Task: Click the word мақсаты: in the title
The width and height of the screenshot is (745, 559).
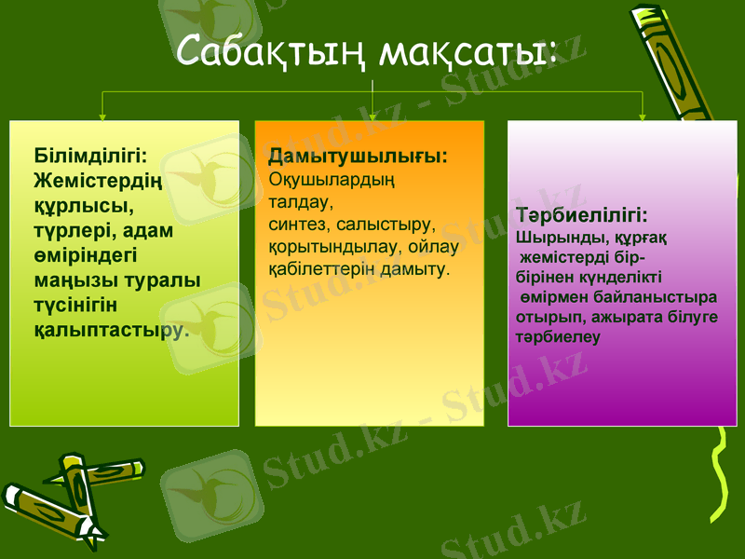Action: [468, 51]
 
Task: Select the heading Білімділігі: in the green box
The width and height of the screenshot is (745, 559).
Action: [91, 154]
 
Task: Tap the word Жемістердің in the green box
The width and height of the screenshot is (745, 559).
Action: [98, 177]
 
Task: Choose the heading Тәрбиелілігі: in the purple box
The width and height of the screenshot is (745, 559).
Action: [582, 214]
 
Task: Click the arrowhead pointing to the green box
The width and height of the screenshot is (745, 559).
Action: [102, 116]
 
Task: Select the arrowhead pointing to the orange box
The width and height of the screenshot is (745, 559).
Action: [372, 116]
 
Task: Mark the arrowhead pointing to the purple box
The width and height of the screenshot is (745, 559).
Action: [643, 116]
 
